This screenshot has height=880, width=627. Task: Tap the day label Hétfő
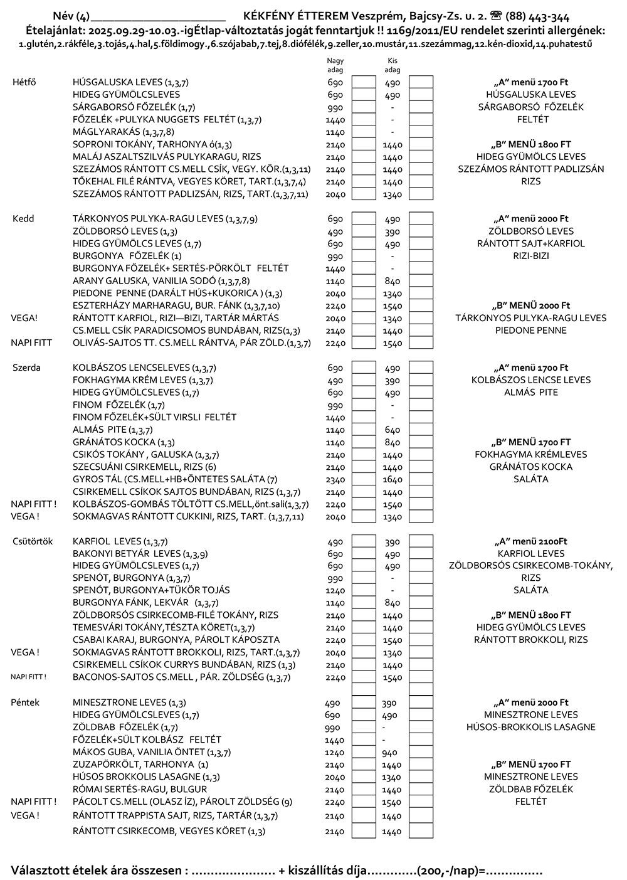click(24, 82)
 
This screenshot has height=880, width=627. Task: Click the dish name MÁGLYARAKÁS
click(107, 132)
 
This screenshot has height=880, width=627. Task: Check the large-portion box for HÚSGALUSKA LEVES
click(363, 83)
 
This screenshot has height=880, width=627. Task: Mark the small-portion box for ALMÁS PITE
click(421, 430)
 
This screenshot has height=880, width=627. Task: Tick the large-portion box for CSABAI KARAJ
click(363, 640)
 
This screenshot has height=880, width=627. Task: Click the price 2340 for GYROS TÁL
click(335, 479)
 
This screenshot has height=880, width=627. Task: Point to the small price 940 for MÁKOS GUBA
click(390, 752)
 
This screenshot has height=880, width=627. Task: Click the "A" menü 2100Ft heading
click(530, 541)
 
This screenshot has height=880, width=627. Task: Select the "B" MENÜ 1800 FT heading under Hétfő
click(530, 144)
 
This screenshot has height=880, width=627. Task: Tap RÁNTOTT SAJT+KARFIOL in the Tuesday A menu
click(530, 243)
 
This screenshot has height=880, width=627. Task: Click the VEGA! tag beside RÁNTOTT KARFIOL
click(24, 318)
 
